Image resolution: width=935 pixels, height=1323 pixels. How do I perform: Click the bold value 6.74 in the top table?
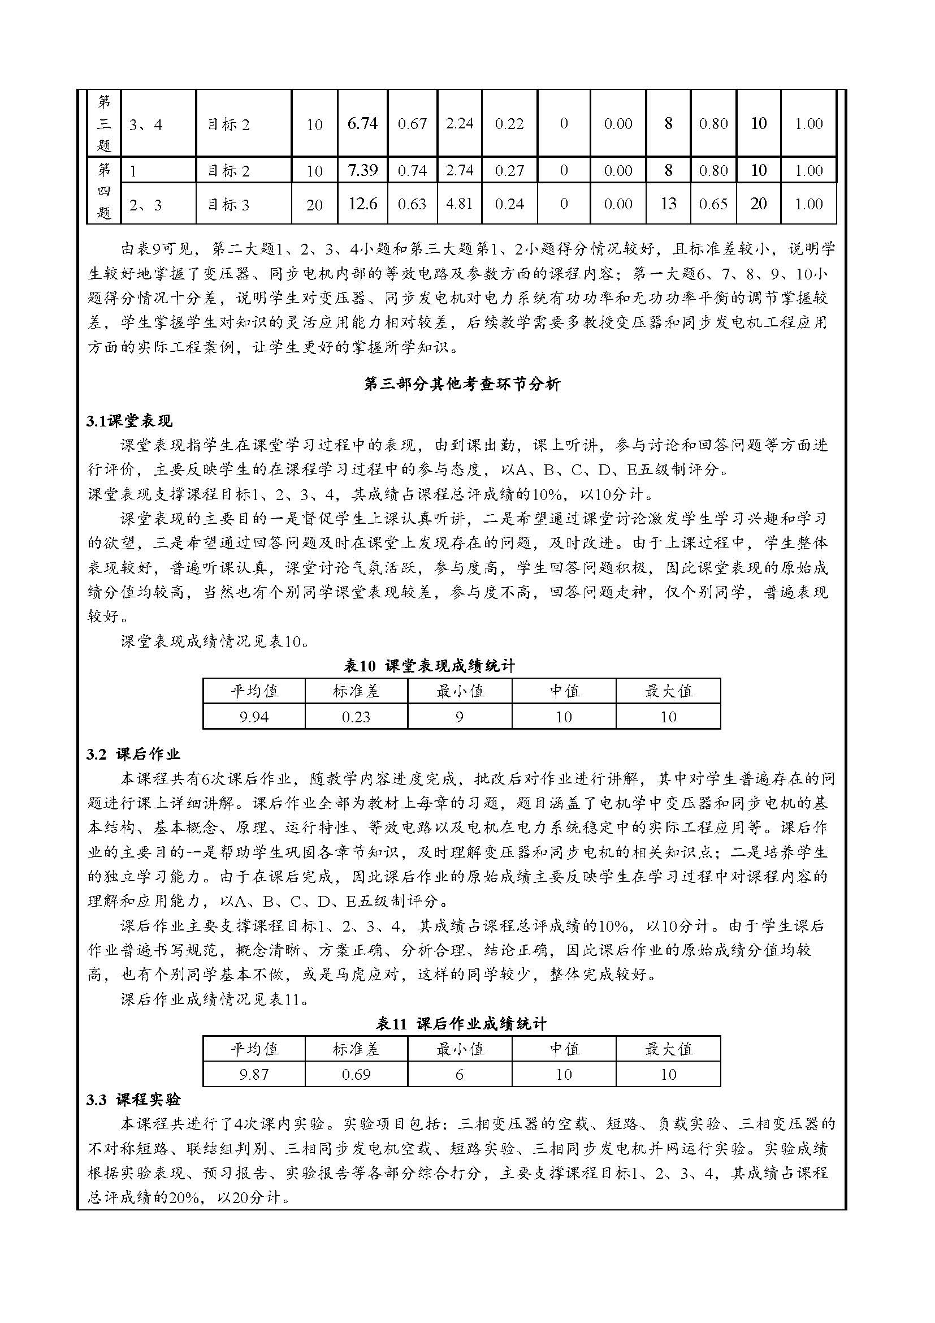(x=362, y=123)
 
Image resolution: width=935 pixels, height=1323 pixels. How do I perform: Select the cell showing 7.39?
(x=362, y=170)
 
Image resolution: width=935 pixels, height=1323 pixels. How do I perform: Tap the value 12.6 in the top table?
(x=362, y=204)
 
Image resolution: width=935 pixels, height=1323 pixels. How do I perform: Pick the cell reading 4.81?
(x=459, y=204)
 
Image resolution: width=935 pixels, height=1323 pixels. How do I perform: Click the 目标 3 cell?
(x=228, y=205)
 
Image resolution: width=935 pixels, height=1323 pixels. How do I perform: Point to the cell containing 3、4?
(x=146, y=124)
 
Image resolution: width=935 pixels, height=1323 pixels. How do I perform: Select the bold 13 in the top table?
(x=668, y=204)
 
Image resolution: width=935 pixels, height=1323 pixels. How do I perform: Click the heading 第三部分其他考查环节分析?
(x=462, y=384)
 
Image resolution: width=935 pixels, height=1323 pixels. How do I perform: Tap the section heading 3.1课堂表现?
(x=129, y=421)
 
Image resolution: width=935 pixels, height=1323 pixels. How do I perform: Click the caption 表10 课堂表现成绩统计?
(x=429, y=666)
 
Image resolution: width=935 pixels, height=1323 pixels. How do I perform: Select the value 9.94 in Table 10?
(x=253, y=717)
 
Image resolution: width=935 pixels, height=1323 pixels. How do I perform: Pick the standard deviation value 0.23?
(x=356, y=717)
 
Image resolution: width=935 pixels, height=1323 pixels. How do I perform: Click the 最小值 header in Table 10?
(x=460, y=690)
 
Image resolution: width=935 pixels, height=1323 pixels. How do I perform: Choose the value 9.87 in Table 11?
(x=253, y=1074)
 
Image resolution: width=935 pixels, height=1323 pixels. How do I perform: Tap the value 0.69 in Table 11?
(x=356, y=1074)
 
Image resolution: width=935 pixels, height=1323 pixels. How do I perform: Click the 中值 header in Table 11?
(x=564, y=1048)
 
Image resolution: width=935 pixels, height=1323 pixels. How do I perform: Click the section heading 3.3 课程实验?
(x=133, y=1100)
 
